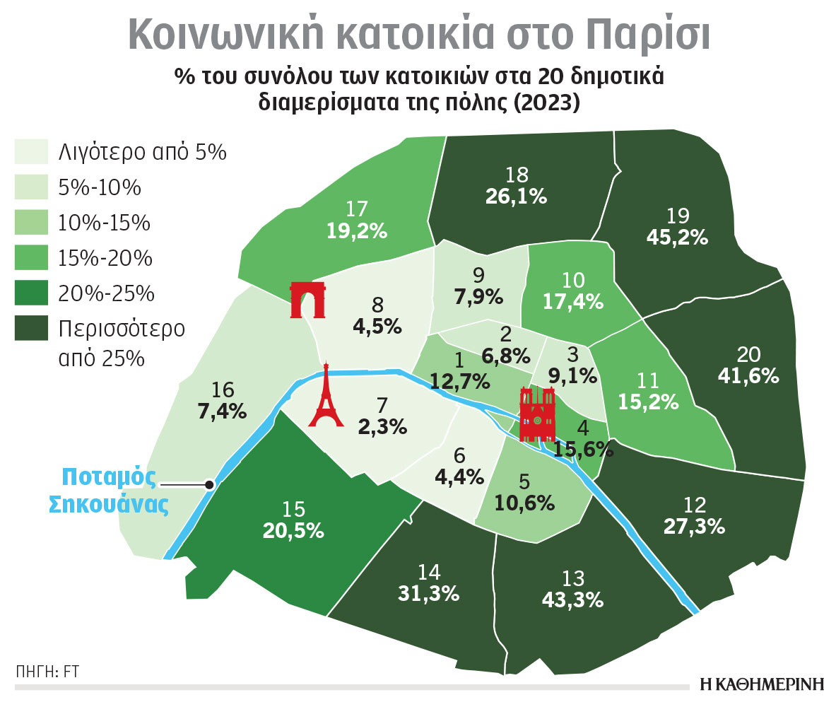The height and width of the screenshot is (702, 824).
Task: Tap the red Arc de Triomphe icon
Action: click(308, 300)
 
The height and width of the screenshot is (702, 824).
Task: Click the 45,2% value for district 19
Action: click(677, 238)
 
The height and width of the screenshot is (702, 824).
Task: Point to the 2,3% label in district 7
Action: click(382, 426)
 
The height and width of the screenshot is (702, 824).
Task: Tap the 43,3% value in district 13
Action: click(573, 600)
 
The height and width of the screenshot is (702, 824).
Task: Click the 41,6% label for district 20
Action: click(748, 375)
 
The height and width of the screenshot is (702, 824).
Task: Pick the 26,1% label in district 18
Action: click(516, 196)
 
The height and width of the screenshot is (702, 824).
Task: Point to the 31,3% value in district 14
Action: click(429, 595)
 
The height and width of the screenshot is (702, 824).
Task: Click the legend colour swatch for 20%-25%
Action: click(30, 292)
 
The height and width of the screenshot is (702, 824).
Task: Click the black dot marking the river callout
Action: click(209, 484)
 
